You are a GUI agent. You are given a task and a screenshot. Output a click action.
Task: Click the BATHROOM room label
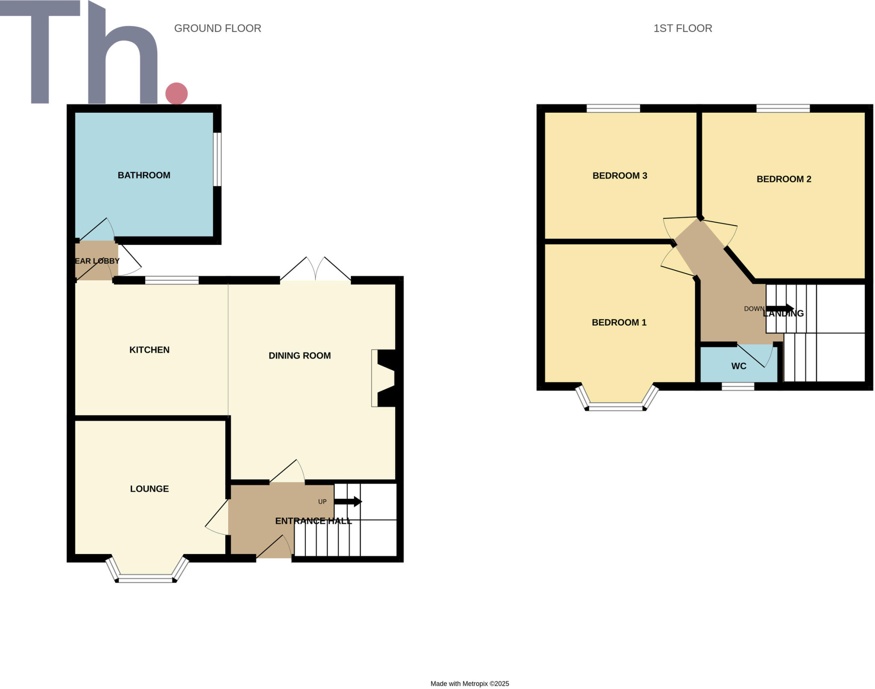(x=144, y=175)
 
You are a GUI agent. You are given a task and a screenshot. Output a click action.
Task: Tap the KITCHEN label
(x=150, y=350)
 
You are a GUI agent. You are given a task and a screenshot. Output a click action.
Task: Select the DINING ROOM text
(x=299, y=356)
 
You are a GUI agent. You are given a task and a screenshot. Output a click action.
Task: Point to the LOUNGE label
(x=150, y=489)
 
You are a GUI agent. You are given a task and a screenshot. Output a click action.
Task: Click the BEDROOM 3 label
(x=620, y=176)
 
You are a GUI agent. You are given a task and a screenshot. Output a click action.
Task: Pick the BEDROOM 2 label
(x=784, y=179)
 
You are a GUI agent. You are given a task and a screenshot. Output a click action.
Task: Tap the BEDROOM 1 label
(x=619, y=323)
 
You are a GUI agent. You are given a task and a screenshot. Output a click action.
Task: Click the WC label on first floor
(x=739, y=366)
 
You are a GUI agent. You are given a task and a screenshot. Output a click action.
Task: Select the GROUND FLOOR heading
(x=217, y=28)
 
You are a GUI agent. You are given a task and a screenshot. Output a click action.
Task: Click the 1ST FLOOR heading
(x=682, y=28)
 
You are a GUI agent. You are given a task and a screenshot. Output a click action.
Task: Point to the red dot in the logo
(x=176, y=93)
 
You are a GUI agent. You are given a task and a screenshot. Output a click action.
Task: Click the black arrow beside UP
(x=348, y=501)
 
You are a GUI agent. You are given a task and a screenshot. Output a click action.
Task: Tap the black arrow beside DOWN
(x=780, y=308)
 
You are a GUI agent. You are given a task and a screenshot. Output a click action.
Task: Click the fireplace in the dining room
(x=384, y=378)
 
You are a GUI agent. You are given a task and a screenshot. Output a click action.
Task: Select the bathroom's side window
(x=217, y=159)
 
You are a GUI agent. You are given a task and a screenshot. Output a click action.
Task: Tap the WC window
(x=738, y=386)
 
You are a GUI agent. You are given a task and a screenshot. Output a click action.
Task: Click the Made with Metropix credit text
(x=470, y=683)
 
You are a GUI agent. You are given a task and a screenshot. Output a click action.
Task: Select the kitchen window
(x=172, y=280)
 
